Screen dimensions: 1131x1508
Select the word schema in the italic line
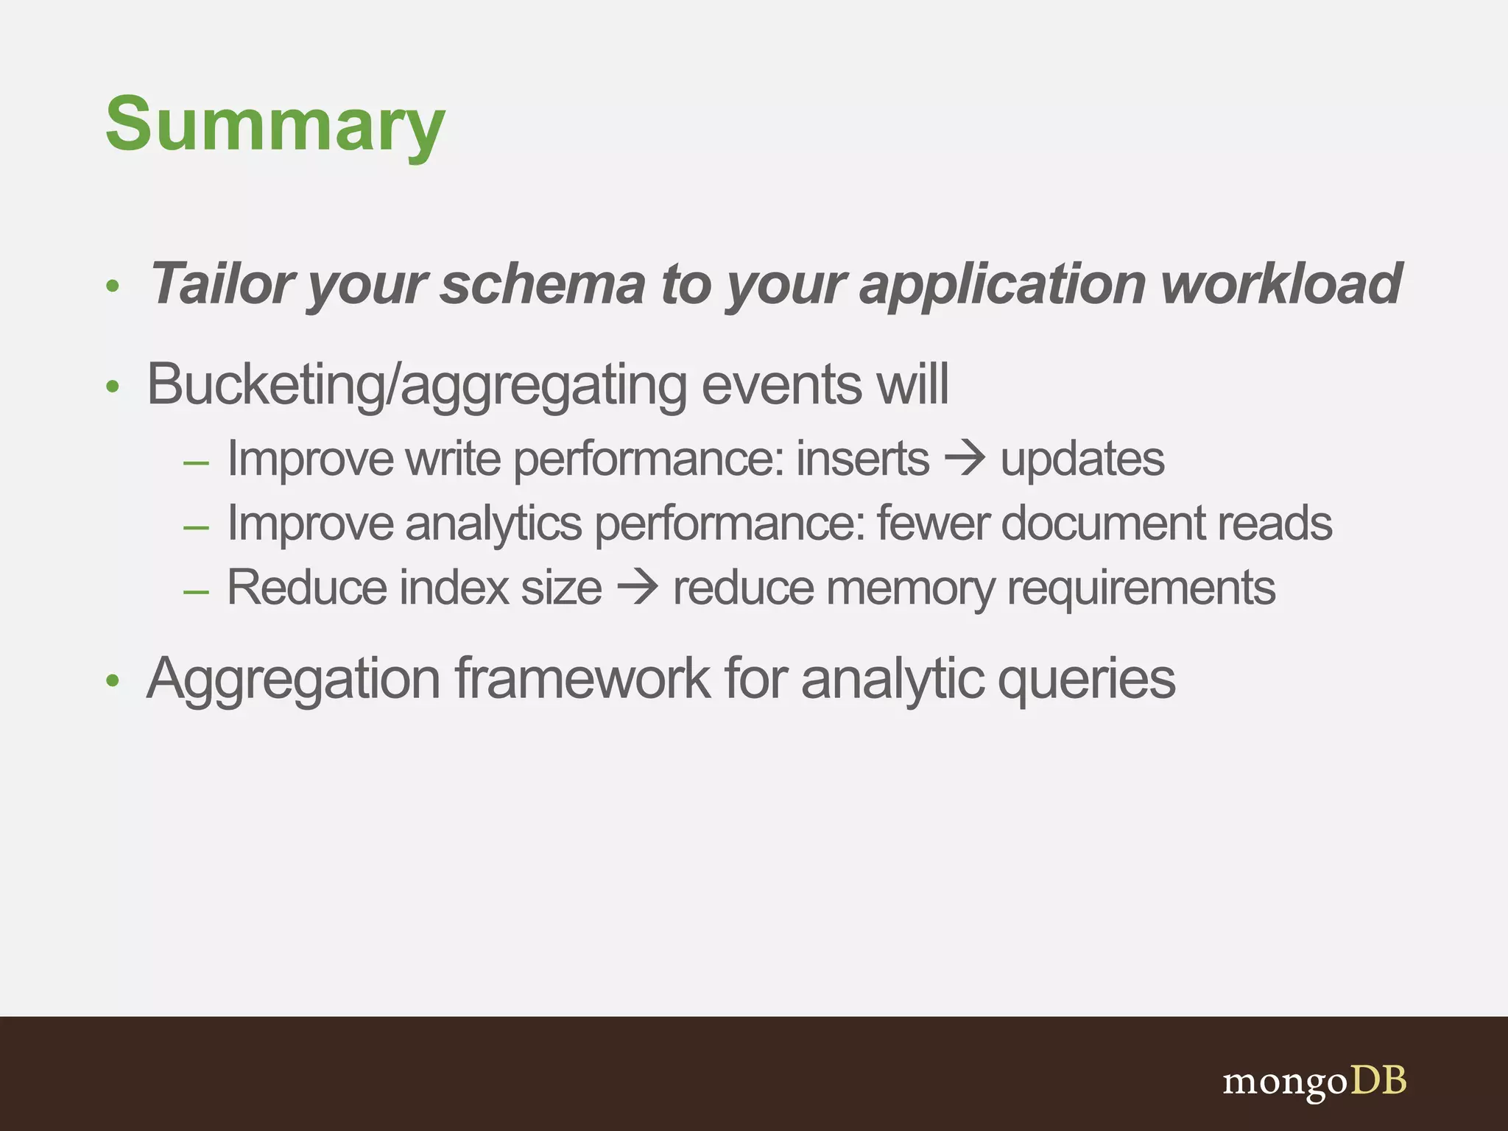(x=543, y=283)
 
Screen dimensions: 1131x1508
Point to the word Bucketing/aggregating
(x=416, y=384)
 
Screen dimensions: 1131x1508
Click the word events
(x=781, y=384)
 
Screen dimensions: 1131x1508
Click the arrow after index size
(x=638, y=588)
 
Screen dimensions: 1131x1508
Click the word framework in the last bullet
(x=582, y=678)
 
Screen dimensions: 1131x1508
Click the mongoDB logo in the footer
(x=1314, y=1082)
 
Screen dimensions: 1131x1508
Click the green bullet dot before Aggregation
(x=112, y=680)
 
